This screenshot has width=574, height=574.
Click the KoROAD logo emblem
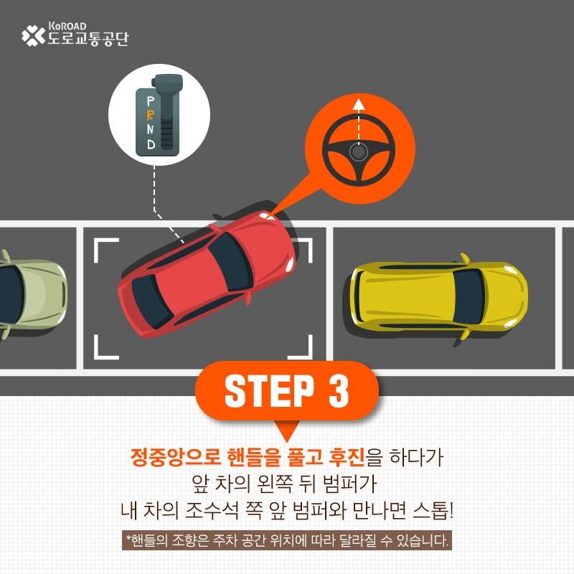[33, 35]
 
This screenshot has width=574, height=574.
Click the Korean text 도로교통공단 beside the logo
[88, 39]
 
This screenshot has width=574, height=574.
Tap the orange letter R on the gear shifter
[150, 115]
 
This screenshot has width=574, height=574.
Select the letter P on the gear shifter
[151, 101]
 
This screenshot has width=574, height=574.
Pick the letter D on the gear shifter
[151, 144]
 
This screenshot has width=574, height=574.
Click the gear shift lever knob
[167, 83]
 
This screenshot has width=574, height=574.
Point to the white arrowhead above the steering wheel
[358, 104]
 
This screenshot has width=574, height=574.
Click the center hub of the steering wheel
[358, 151]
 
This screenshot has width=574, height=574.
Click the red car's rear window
[149, 301]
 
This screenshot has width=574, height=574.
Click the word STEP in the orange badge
[269, 391]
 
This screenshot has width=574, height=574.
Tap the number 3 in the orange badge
[339, 391]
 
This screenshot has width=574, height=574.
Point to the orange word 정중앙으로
[175, 457]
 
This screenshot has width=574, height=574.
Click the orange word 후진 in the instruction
[347, 457]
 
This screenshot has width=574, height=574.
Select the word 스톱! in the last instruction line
[433, 510]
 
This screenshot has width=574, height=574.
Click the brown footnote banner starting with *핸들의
[286, 540]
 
